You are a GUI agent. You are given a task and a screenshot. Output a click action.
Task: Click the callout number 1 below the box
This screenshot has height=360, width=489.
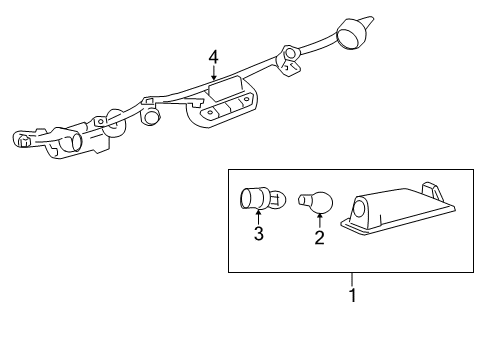(351, 296)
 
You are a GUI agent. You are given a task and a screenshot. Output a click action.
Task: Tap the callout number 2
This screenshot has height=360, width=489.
(319, 237)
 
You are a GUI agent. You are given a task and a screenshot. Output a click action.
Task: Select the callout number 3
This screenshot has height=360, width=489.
(258, 234)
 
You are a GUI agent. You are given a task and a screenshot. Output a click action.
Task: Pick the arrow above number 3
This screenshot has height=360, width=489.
(258, 215)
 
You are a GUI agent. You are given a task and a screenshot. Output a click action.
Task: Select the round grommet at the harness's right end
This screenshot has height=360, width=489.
(351, 34)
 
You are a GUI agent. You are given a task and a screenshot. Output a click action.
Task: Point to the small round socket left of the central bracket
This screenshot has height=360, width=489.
(153, 117)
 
